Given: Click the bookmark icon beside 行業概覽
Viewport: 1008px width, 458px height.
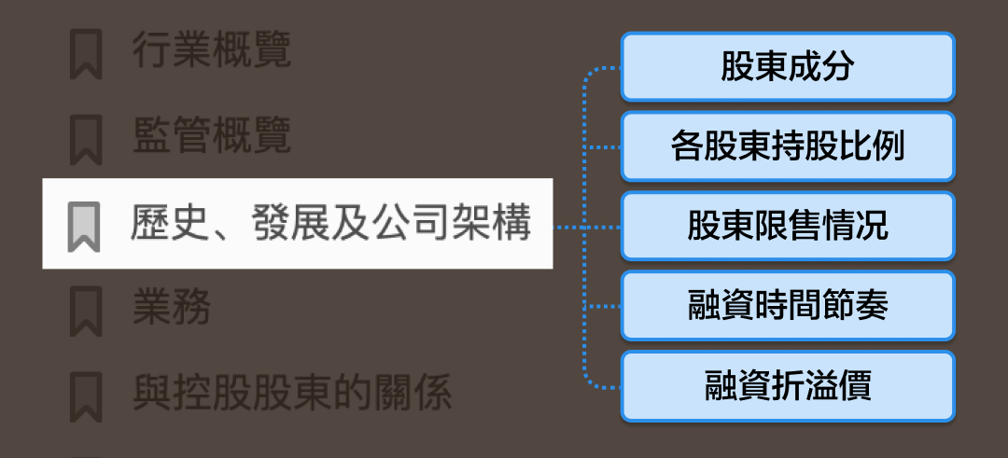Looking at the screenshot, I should (x=86, y=54).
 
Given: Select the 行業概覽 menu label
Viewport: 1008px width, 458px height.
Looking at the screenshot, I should (x=212, y=52).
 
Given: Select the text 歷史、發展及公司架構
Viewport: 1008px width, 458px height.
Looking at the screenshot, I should (x=330, y=225).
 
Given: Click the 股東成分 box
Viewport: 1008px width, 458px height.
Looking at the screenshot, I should (x=788, y=67).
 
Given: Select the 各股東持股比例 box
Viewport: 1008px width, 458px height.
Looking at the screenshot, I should (x=788, y=146).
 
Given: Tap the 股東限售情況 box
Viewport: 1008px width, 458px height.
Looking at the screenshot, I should (x=788, y=227).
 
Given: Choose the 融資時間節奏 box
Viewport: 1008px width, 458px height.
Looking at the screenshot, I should (x=788, y=306).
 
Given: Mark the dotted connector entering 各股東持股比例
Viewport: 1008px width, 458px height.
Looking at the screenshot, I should (x=603, y=147).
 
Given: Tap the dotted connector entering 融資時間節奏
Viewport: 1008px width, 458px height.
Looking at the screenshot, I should (x=603, y=306).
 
